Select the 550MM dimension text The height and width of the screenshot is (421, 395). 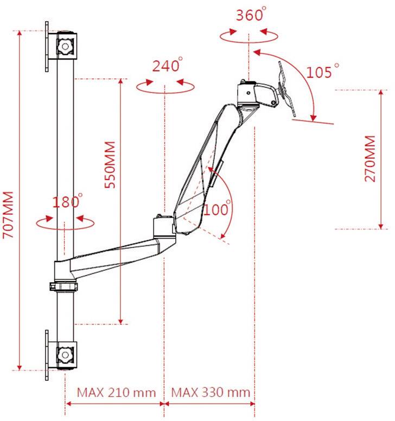[110, 165]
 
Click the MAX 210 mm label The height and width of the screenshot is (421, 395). [116, 392]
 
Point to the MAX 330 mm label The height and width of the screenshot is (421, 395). [211, 392]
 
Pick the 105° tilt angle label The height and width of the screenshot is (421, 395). [323, 71]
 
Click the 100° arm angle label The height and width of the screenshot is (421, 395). [218, 209]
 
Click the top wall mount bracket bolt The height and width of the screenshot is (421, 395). [66, 46]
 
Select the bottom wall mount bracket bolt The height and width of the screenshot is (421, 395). [66, 355]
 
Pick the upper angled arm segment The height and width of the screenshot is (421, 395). [206, 163]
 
